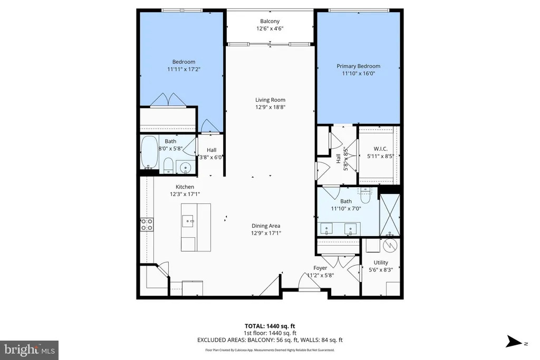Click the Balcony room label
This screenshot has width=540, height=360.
click(269, 21)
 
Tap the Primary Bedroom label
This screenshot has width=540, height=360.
click(359, 66)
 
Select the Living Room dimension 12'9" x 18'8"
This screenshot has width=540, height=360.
click(271, 107)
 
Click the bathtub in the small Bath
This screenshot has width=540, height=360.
click(149, 152)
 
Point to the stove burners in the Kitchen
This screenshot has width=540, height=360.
click(147, 225)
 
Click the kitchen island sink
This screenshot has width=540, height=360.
click(188, 221)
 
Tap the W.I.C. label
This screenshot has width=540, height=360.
click(381, 149)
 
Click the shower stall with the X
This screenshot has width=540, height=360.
click(390, 215)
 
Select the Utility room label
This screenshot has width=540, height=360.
click(381, 262)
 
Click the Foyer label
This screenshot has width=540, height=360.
click(320, 268)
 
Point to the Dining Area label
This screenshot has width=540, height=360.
click(266, 226)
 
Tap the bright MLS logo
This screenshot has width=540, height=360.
click(30, 351)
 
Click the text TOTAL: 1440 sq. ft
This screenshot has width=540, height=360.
click(270, 326)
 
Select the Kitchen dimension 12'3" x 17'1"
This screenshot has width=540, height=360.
click(185, 194)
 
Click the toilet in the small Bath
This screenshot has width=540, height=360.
click(168, 166)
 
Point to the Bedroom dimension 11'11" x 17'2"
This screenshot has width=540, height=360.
click(184, 69)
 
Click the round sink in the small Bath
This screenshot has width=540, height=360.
click(186, 168)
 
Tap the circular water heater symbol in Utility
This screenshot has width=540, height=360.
click(390, 245)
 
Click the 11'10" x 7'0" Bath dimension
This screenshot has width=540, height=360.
click(346, 209)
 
